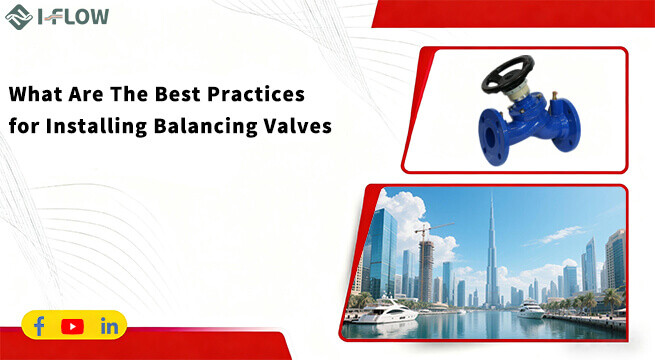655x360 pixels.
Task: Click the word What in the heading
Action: point(36,97)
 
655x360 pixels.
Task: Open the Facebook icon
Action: point(40,326)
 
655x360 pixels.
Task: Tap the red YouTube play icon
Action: point(72,326)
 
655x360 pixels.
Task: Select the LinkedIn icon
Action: point(109,326)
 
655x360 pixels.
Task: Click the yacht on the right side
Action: point(530,311)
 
